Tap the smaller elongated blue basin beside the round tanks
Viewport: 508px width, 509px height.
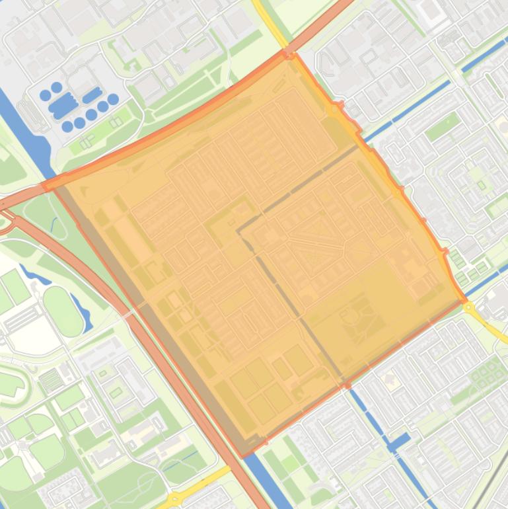92,95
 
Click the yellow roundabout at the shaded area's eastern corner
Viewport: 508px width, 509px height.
469,307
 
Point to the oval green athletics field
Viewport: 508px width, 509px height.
63,311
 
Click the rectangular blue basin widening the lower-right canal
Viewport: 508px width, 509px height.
398,442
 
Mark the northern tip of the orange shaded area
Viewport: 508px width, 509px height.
290,54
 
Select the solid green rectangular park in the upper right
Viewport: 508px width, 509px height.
442,126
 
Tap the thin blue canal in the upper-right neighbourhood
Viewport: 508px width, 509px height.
423,106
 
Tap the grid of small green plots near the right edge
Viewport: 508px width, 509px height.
487,374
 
